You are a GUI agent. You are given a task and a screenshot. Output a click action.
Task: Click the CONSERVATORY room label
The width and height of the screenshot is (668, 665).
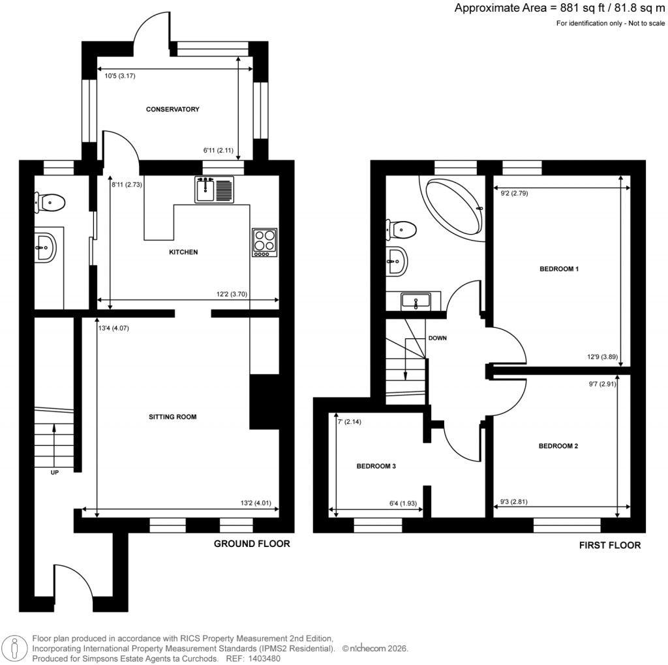tap(172, 110)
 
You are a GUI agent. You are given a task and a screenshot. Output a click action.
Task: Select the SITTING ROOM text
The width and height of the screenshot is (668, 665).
tap(172, 417)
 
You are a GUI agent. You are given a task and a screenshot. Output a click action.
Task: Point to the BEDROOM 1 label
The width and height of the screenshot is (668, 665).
tap(559, 269)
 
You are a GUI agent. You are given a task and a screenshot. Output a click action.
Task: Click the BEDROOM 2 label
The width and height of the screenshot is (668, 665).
tap(558, 447)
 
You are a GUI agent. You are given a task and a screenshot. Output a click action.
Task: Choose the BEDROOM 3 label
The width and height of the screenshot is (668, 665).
tap(376, 467)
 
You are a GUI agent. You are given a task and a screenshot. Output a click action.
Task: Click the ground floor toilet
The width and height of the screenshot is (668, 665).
tap(50, 203)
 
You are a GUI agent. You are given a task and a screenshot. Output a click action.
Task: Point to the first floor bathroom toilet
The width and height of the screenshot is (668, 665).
tap(401, 229)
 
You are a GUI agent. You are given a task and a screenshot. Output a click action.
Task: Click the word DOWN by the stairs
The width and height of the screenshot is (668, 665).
tap(438, 339)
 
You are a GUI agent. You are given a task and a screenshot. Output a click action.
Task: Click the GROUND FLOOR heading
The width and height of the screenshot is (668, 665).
tap(252, 544)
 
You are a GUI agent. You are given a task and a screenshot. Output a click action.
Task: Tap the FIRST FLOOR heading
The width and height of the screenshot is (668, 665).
tap(609, 545)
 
